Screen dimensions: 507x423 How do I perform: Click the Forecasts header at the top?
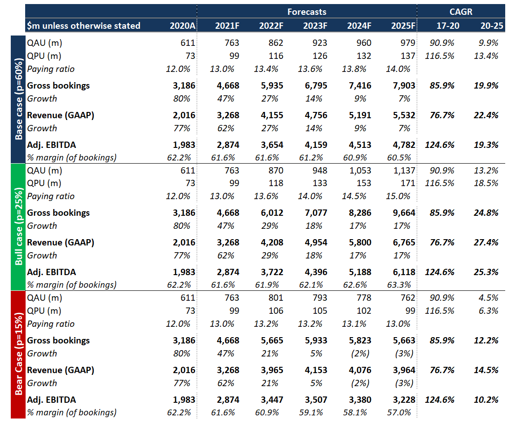(x=307, y=12)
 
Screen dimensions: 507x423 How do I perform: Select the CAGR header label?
(x=461, y=12)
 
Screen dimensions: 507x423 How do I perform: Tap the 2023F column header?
(x=315, y=26)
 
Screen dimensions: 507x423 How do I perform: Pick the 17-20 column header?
(x=448, y=26)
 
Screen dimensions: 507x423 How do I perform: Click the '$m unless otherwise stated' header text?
(x=84, y=26)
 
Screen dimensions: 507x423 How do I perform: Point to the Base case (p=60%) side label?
(x=19, y=99)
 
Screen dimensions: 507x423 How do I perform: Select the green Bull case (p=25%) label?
(x=19, y=227)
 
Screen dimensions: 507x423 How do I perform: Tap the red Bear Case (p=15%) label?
(x=19, y=354)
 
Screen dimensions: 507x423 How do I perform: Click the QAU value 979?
(x=408, y=43)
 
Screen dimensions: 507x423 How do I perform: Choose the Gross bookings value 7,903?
(x=404, y=85)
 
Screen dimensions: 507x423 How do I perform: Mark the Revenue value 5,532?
(x=404, y=115)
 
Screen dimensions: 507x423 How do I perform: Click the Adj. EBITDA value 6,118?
(x=404, y=272)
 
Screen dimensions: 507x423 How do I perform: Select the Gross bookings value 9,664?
(x=404, y=213)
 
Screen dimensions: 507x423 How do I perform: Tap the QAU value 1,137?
(x=404, y=170)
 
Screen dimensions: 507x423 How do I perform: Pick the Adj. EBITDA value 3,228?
(x=404, y=400)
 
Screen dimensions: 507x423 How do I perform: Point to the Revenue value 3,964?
(x=404, y=370)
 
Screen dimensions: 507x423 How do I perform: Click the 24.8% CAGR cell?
(x=486, y=213)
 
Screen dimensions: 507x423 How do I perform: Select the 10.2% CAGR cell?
(x=486, y=400)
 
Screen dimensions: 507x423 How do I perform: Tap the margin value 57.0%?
(x=399, y=412)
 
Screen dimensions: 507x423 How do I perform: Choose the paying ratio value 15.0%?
(x=398, y=196)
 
